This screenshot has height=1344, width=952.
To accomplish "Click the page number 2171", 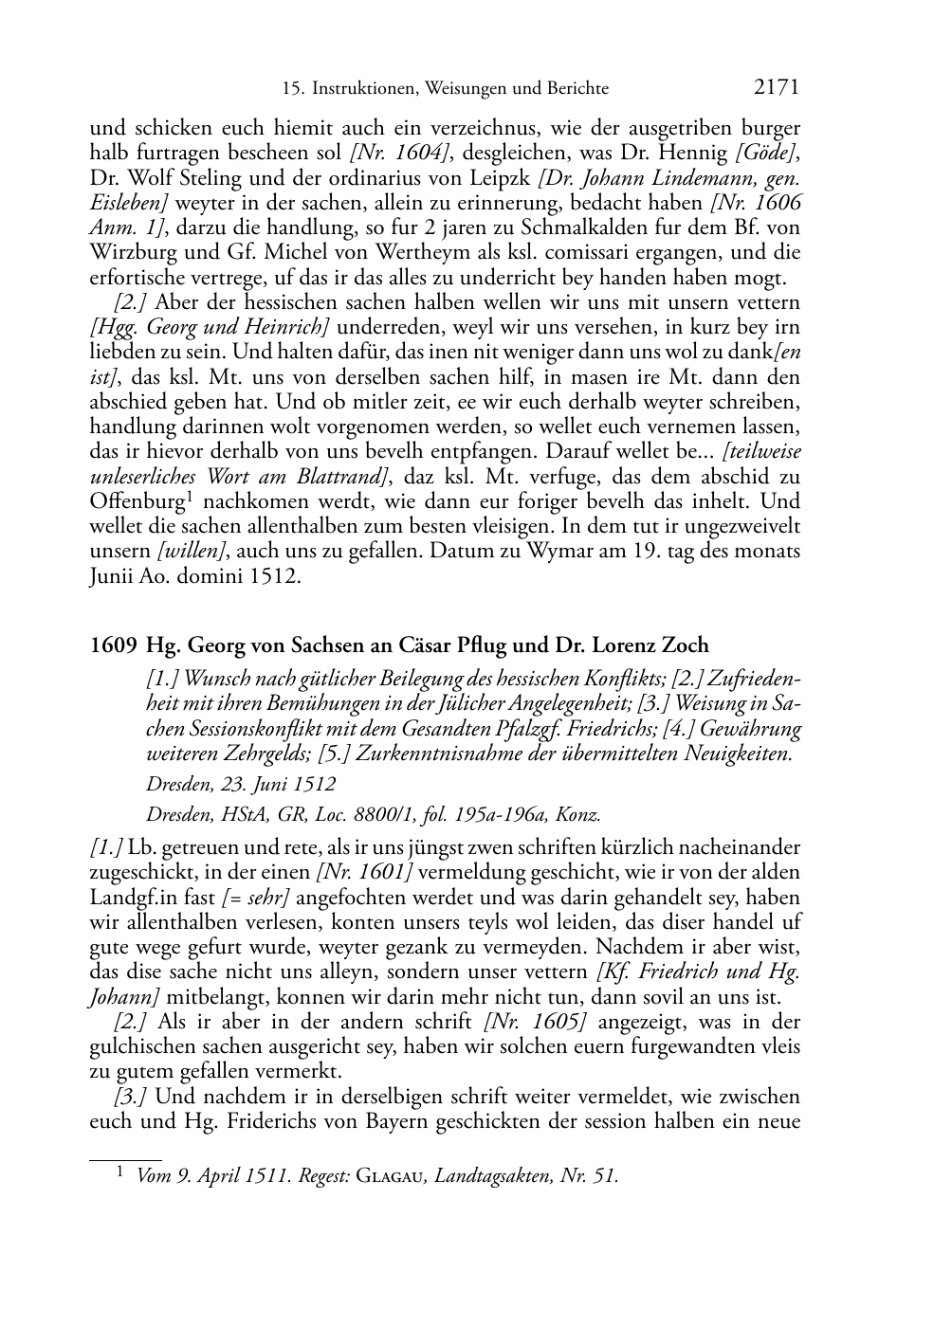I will pos(777,88).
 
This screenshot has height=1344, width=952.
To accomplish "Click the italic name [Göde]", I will pos(771,154).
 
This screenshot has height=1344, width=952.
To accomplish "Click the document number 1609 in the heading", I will pos(113,645).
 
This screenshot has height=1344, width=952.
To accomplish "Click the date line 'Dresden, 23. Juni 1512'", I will pos(241,785).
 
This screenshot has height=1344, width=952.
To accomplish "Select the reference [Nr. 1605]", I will pos(535,1022).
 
